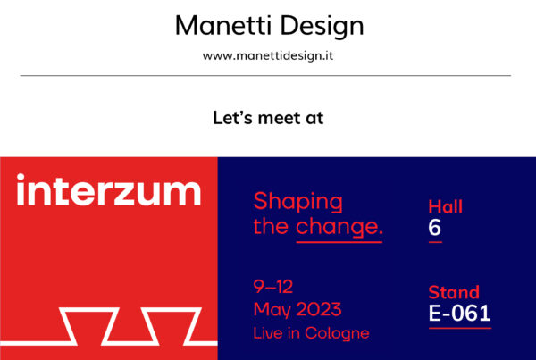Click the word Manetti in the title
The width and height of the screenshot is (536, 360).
[222, 25]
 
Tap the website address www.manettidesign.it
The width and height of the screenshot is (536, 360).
[268, 55]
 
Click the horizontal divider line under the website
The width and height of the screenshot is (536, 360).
[265, 75]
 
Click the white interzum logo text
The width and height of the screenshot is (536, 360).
[108, 189]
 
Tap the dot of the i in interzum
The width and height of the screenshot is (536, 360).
[21, 177]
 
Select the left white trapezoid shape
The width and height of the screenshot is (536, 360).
[89, 326]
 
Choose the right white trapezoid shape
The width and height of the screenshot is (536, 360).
[172, 326]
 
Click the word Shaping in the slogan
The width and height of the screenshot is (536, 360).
[297, 201]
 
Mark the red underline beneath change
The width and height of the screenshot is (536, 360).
[339, 242]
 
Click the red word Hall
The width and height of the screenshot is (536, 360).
[445, 206]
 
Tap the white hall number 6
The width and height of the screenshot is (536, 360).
[434, 228]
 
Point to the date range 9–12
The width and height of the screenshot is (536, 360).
[273, 287]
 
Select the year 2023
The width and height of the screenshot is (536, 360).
[319, 309]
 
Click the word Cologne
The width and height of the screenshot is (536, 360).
[337, 333]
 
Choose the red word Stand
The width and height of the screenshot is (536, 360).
[454, 292]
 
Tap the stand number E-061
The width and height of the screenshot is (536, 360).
[460, 314]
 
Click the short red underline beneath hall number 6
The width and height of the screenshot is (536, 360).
[435, 242]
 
